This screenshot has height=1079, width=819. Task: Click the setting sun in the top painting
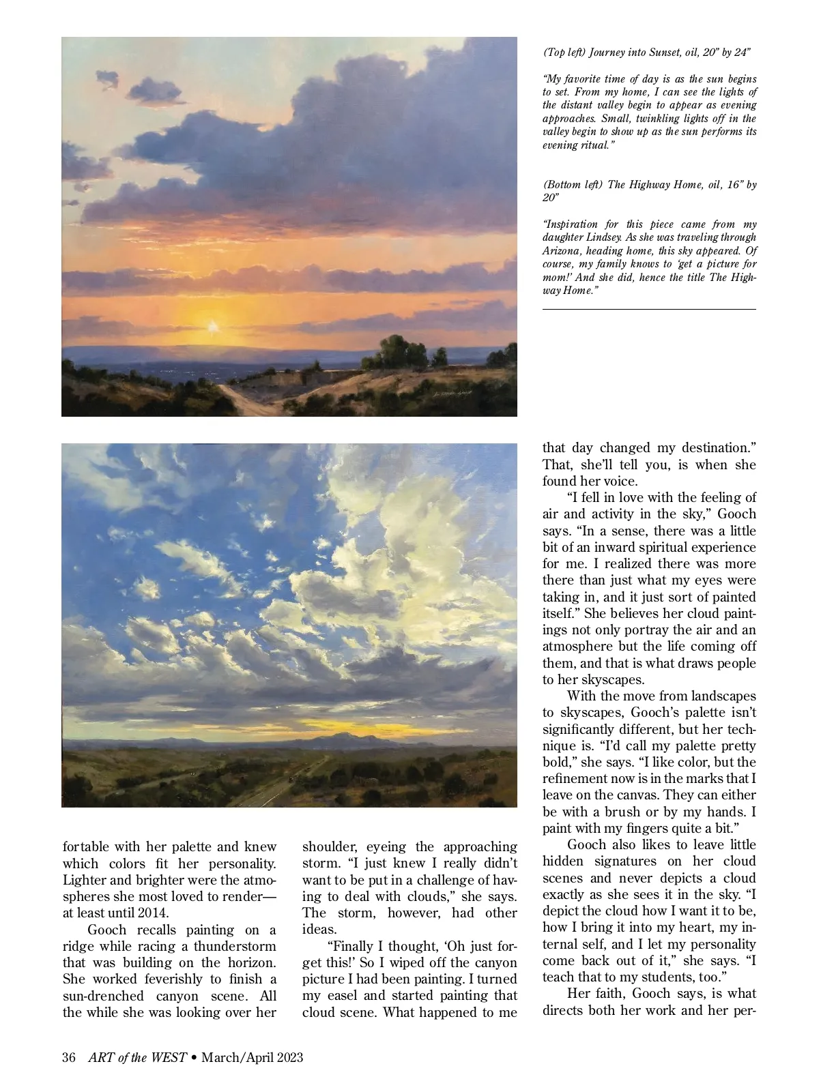214,327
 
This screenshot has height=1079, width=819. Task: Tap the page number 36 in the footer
68,1057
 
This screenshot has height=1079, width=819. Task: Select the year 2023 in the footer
287,1057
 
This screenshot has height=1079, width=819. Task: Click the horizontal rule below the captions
649,310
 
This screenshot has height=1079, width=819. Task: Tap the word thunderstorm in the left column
235,946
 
